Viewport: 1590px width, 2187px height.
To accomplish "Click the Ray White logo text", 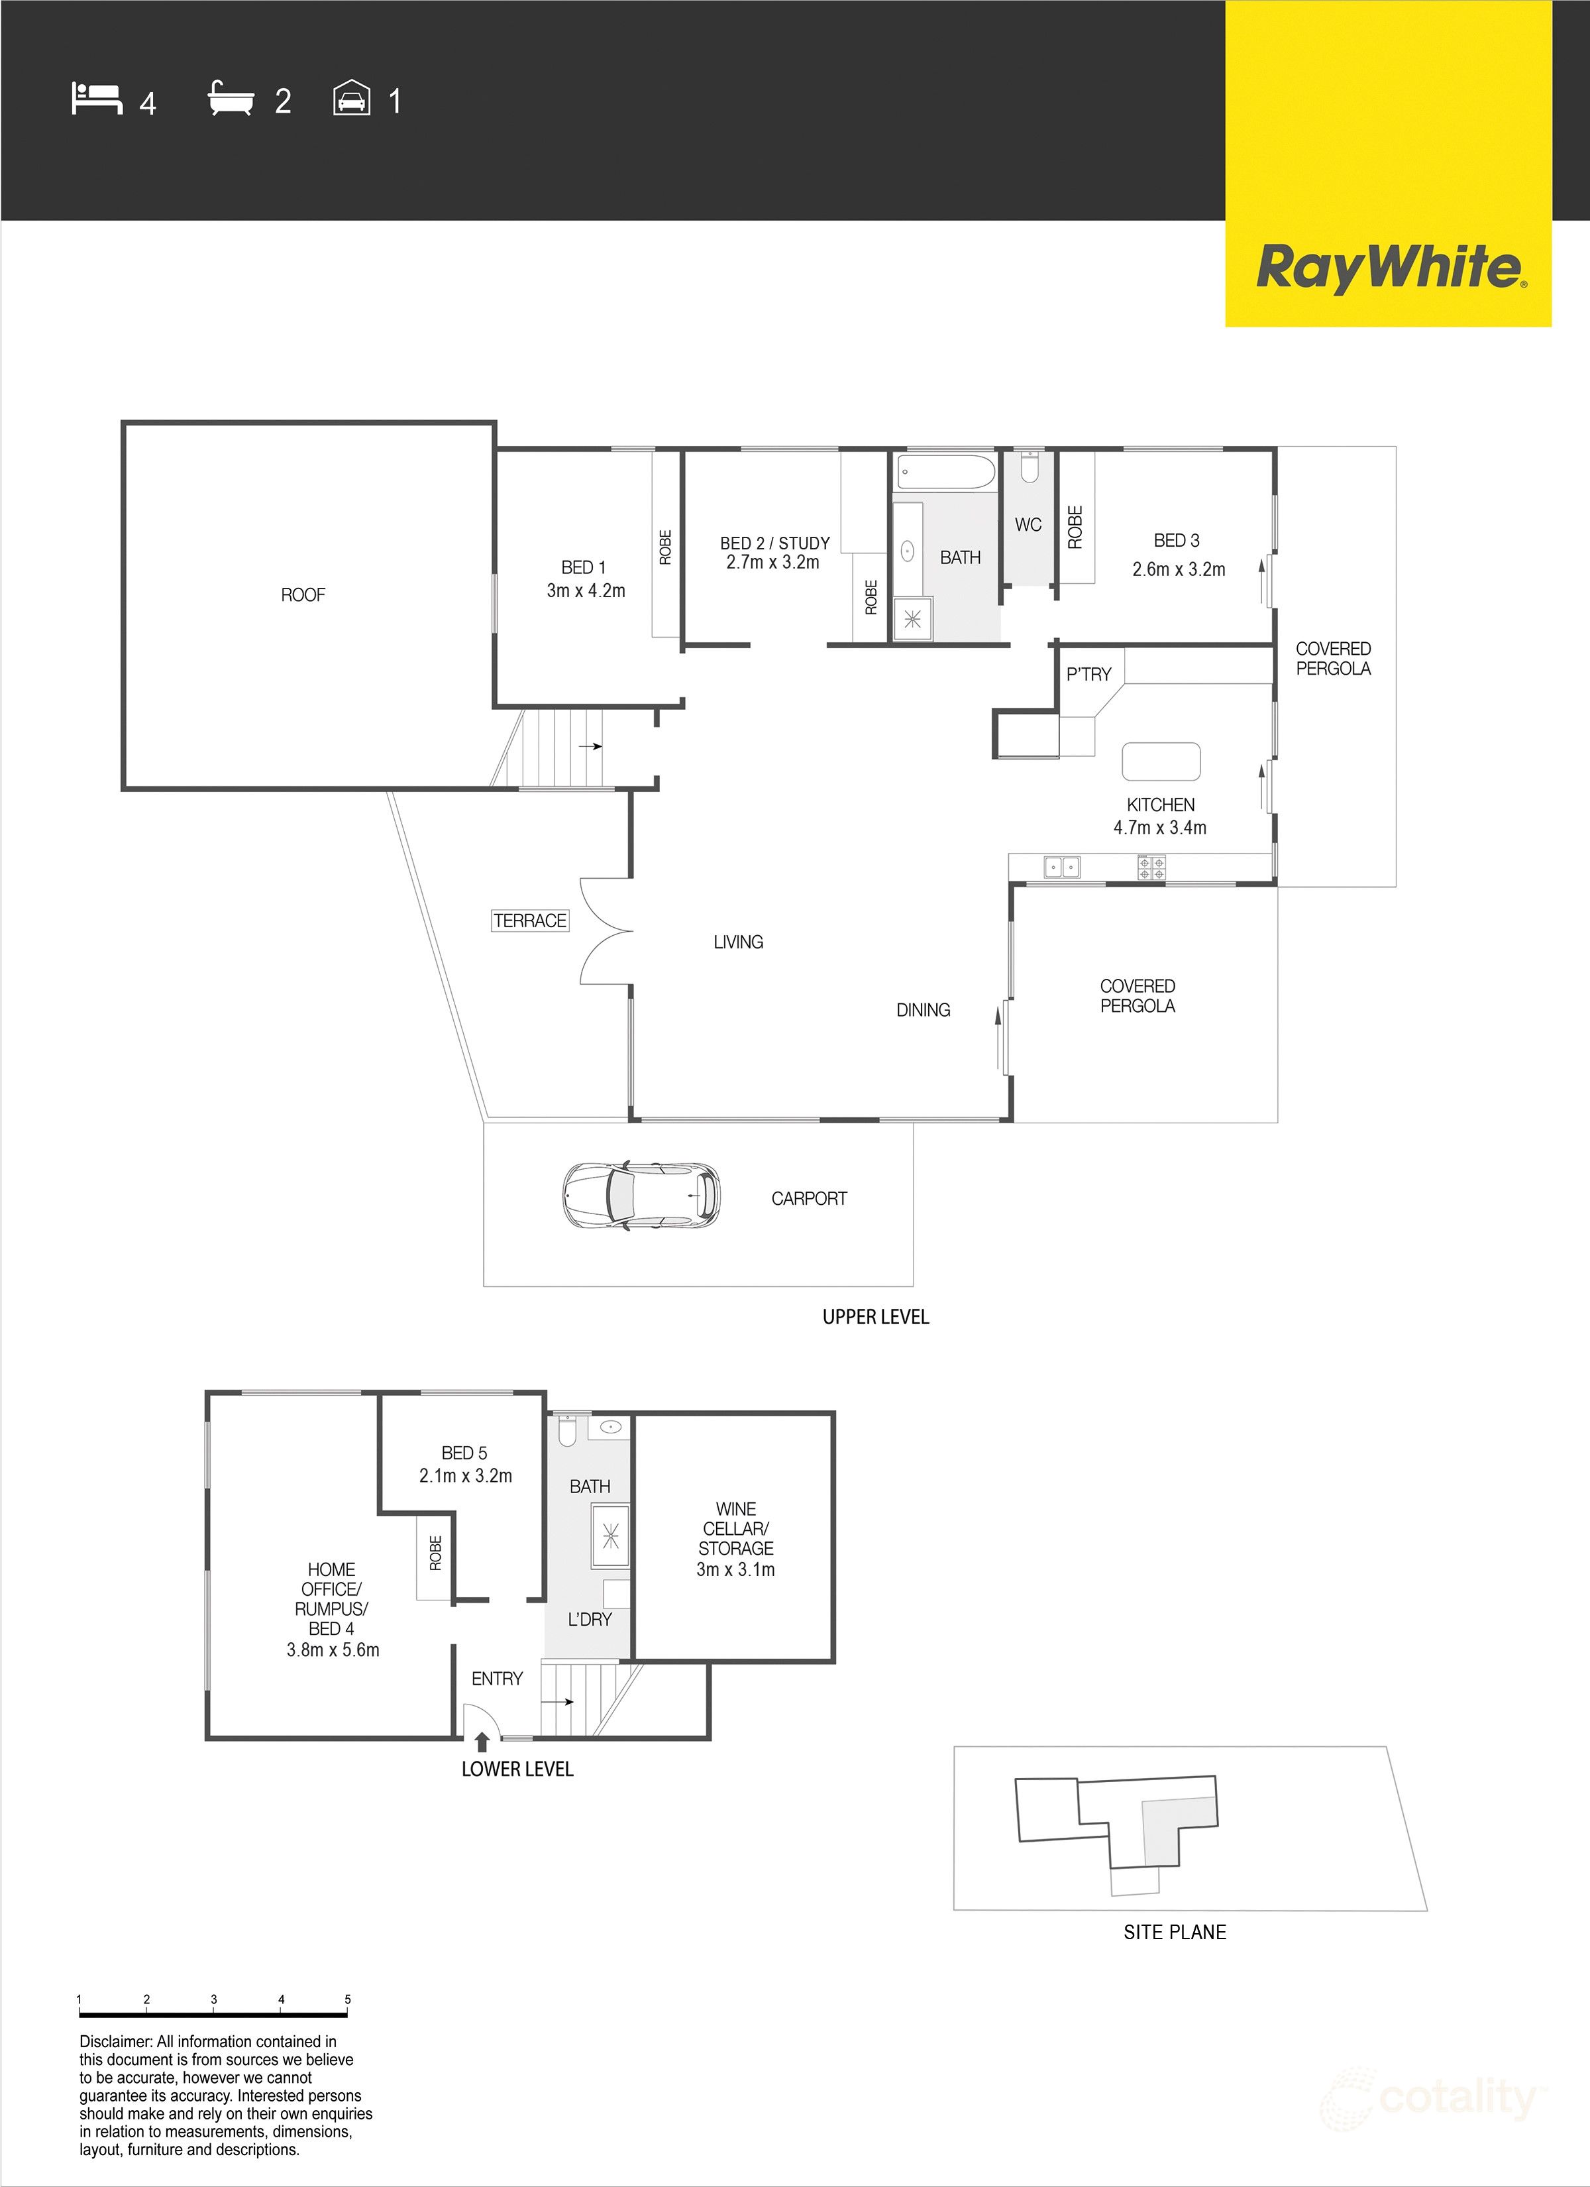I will (x=1389, y=267).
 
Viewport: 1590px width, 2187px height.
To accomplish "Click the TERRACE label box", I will (x=529, y=921).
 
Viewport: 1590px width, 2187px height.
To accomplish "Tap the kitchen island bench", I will (x=1161, y=761).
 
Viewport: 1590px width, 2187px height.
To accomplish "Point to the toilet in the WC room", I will (x=1029, y=468).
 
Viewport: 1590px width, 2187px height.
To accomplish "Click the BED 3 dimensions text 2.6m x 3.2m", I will (x=1179, y=569).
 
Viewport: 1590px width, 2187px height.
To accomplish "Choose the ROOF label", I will (x=303, y=595).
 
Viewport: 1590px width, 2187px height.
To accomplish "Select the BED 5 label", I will (x=465, y=1452).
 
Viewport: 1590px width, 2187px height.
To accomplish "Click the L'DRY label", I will (x=589, y=1619).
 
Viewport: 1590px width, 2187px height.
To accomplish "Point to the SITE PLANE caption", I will (x=1175, y=1931).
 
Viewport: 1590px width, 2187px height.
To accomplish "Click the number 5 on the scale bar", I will (x=348, y=1999).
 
